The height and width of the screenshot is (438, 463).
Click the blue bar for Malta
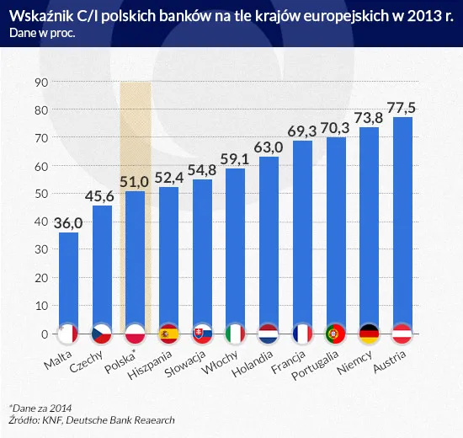coord(68,282)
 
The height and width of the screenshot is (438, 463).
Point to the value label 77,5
coord(402,107)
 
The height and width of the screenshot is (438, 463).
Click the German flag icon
coord(369,334)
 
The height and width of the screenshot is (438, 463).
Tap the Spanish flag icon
coord(168,334)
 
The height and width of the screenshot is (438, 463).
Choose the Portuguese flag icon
coord(336,334)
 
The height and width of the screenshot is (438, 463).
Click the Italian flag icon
coord(236,334)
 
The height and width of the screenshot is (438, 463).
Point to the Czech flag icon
coord(102,334)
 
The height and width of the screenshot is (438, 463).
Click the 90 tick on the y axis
coord(40,83)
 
